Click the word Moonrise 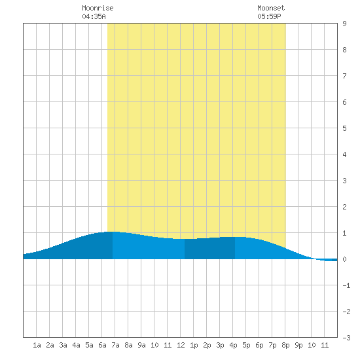click(x=98, y=8)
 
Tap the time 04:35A click(x=94, y=16)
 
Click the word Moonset click(x=271, y=8)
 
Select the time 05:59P click(x=269, y=16)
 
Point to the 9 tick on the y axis click(x=344, y=24)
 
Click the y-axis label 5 click(x=344, y=128)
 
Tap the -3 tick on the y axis click(x=346, y=338)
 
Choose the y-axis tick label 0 click(x=344, y=259)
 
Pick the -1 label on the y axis click(x=346, y=285)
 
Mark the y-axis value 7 click(x=344, y=76)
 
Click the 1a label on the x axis click(x=37, y=345)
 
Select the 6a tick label click(x=102, y=345)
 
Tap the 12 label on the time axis click(x=181, y=345)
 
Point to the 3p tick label click(x=220, y=345)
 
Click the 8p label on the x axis click(x=285, y=345)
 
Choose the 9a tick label click(x=141, y=345)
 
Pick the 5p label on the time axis click(x=246, y=345)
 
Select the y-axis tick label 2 click(x=344, y=207)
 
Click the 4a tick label click(x=76, y=345)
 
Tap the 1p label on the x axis click(x=194, y=345)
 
